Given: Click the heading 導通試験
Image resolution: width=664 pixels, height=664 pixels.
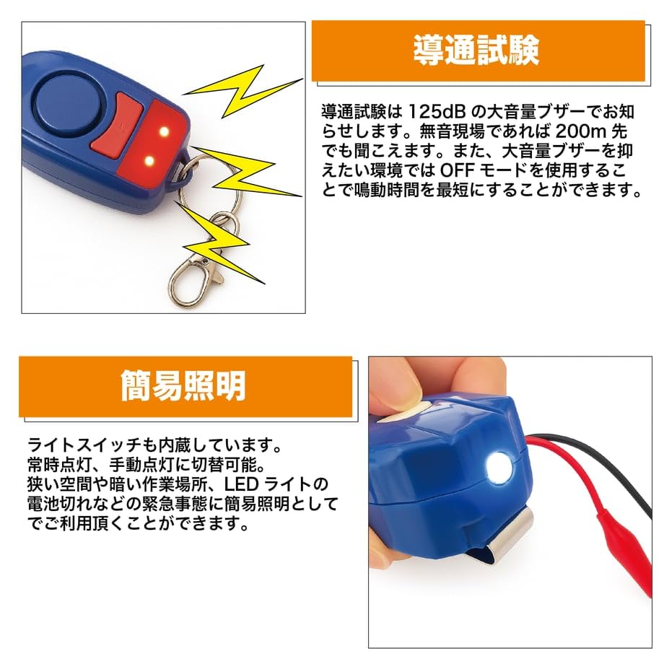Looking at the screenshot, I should (x=476, y=51).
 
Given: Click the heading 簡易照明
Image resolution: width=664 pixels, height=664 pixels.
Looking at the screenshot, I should (x=183, y=387).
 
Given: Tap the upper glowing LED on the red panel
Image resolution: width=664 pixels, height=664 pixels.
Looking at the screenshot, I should (x=164, y=132).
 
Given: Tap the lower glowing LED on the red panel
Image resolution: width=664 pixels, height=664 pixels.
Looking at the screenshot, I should (x=149, y=160).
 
